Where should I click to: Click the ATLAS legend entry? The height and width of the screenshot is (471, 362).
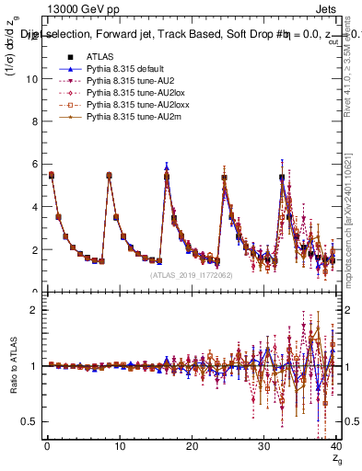(99, 57)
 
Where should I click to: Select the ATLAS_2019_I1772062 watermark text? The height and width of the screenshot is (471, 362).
(193, 275)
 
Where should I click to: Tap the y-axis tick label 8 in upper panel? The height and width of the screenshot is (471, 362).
(33, 121)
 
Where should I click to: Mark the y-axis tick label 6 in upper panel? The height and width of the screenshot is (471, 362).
(33, 165)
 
